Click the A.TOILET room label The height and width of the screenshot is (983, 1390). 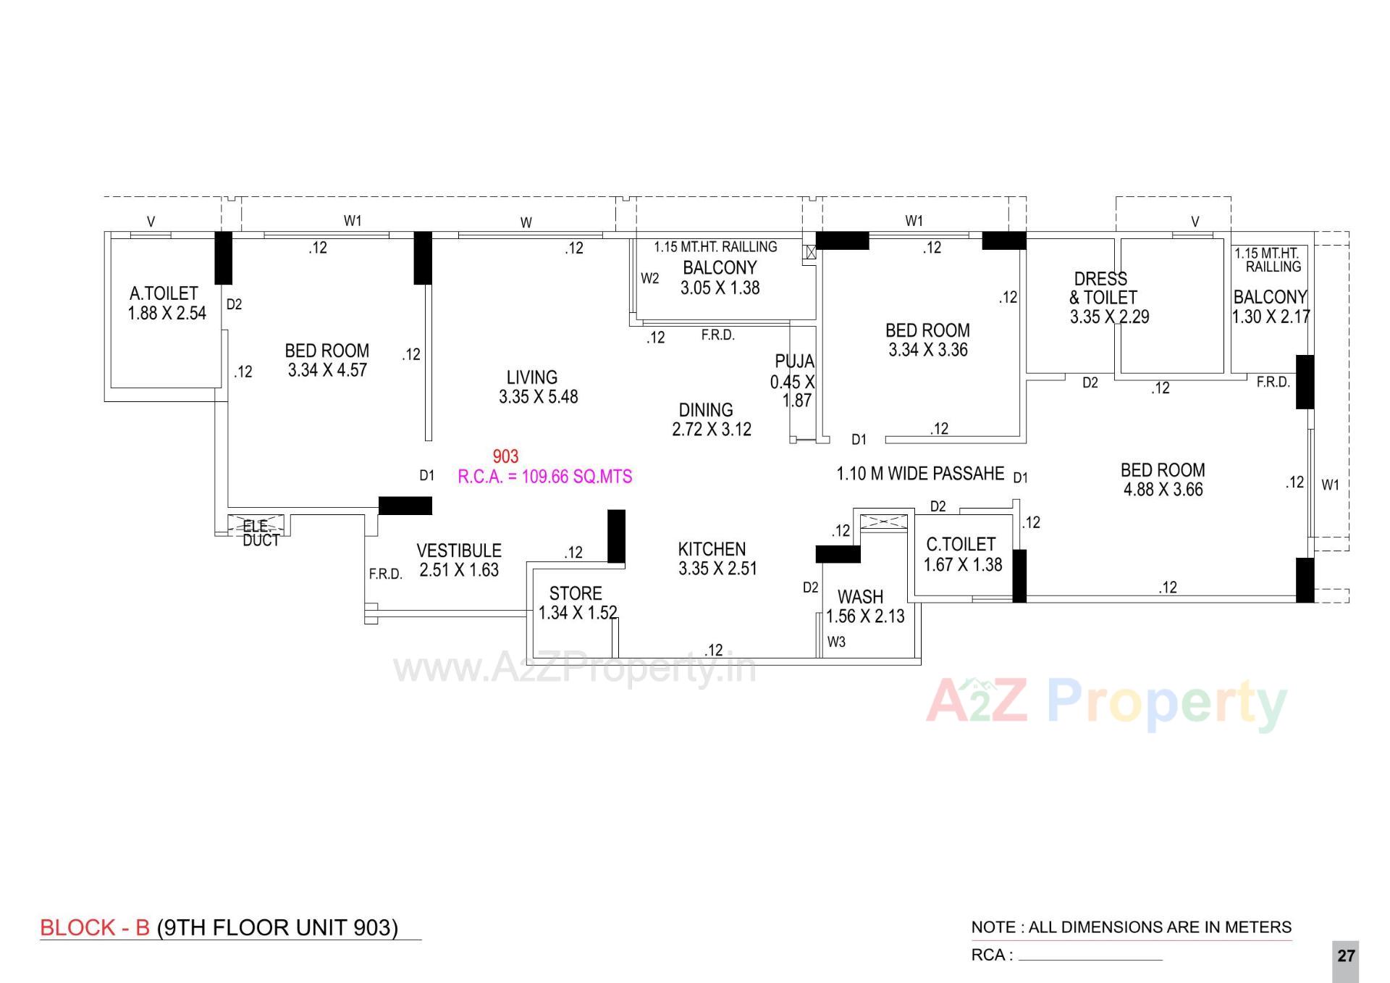point(164,293)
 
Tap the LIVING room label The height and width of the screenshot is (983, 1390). point(532,377)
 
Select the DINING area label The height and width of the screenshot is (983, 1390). point(706,410)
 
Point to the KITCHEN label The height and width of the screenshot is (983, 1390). point(712,549)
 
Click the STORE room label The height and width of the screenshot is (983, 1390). point(576,593)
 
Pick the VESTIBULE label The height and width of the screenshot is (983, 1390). point(459,551)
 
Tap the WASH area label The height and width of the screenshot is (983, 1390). point(860,597)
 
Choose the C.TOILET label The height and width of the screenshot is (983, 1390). point(961,544)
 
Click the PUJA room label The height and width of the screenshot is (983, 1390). point(794,361)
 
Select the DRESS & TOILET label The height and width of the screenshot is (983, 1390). point(1102,288)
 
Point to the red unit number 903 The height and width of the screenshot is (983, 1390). point(505,456)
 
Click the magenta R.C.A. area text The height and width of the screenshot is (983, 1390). point(544,477)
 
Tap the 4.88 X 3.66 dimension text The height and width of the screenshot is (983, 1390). point(1163,490)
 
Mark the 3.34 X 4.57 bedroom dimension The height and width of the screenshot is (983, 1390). point(327,370)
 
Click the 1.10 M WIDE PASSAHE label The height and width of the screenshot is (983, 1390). point(920,474)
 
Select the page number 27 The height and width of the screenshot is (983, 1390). point(1346,956)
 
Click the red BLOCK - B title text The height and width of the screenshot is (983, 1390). point(95,928)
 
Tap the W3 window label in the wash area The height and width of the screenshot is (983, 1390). point(836,642)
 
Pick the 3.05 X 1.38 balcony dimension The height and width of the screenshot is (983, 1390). point(720,288)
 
